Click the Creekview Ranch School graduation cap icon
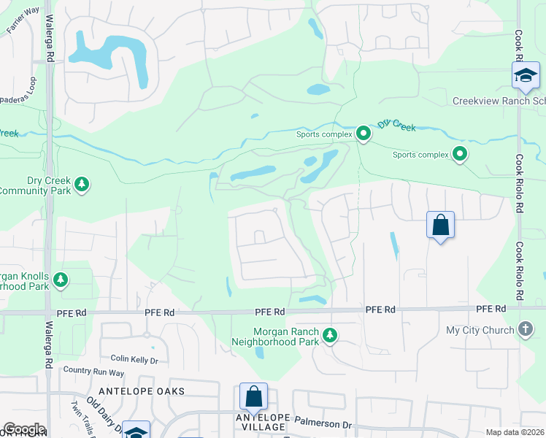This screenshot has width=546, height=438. point(526,75)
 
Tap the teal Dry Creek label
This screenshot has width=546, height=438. point(396,126)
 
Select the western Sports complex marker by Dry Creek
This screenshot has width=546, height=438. point(363,133)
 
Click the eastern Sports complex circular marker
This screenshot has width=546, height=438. point(460,153)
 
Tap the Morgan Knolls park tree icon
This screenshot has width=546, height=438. point(61,279)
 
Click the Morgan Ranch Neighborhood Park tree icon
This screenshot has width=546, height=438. point(331,335)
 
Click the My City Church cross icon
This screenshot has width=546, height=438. point(525,329)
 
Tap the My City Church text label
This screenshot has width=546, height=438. point(480,330)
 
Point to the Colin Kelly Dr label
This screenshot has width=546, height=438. point(134,360)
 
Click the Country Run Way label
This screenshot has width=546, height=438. point(93,371)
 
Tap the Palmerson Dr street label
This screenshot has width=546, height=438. point(326,424)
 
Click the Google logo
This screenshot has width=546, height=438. point(24,429)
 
